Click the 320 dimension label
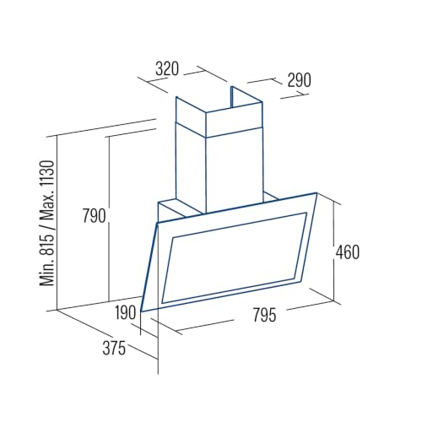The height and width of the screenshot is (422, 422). (167, 69)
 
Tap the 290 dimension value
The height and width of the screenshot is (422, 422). (299, 80)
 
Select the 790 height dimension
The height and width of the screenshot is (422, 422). (94, 216)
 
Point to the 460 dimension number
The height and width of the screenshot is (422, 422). (348, 252)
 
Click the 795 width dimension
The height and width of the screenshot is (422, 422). (264, 315)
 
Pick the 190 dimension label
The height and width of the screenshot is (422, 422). (126, 312)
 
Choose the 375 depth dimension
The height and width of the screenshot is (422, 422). (114, 348)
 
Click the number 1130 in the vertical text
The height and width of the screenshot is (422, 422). (46, 174)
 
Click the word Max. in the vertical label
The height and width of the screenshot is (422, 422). (46, 206)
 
